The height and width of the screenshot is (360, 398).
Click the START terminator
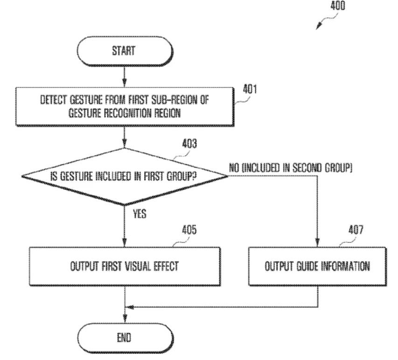tap(125, 51)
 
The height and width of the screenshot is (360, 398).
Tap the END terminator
tap(125, 338)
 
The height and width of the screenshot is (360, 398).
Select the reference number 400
tap(338, 6)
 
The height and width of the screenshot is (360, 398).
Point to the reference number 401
tap(250, 89)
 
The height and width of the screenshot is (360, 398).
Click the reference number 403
tap(189, 144)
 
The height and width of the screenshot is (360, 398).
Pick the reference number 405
tap(189, 230)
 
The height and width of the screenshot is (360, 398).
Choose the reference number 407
tap(356, 230)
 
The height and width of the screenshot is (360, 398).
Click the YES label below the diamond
tap(140, 214)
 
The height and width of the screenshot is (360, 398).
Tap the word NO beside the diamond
tap(234, 168)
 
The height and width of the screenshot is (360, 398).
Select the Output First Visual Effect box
tap(125, 267)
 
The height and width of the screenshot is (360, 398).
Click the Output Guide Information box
tap(317, 267)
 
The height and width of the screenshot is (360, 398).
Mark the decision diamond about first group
tap(125, 176)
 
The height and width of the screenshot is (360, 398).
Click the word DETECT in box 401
tap(53, 100)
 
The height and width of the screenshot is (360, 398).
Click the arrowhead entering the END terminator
tap(125, 319)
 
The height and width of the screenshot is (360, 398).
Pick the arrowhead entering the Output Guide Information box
tap(317, 242)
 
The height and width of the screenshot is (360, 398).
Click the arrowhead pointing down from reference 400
tap(319, 26)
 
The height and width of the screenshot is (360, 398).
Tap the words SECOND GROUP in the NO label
tap(322, 168)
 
